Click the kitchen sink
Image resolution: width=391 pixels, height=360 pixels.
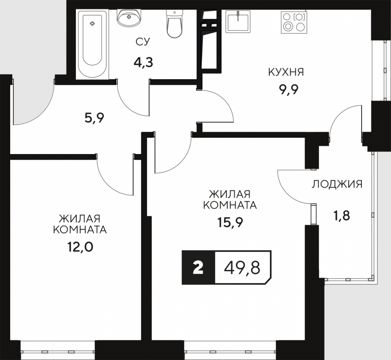(x=238, y=22)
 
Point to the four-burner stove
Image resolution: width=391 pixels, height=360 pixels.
(x=294, y=22)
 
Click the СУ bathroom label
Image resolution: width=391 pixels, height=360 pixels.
(x=143, y=42)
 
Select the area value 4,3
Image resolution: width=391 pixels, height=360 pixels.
(x=143, y=62)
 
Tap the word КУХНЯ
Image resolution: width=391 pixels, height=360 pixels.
(x=286, y=72)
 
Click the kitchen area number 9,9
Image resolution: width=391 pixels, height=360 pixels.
(x=288, y=89)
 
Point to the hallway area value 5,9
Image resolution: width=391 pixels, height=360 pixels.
(x=94, y=118)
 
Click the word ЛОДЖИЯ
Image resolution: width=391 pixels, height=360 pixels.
(x=337, y=184)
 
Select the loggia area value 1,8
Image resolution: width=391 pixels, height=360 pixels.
(x=342, y=215)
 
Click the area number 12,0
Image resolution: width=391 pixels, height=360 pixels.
(x=80, y=247)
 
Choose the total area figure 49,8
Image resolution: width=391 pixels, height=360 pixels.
(x=242, y=268)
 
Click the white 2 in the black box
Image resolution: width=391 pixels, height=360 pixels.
(x=198, y=268)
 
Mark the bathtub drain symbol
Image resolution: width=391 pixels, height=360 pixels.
(x=93, y=24)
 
